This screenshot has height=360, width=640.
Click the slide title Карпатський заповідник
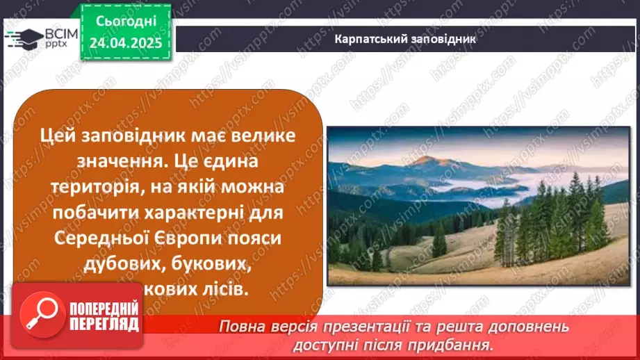[x=405, y=39]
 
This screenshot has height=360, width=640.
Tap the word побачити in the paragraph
[x=99, y=214]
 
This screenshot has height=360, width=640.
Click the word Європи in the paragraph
[x=186, y=239]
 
